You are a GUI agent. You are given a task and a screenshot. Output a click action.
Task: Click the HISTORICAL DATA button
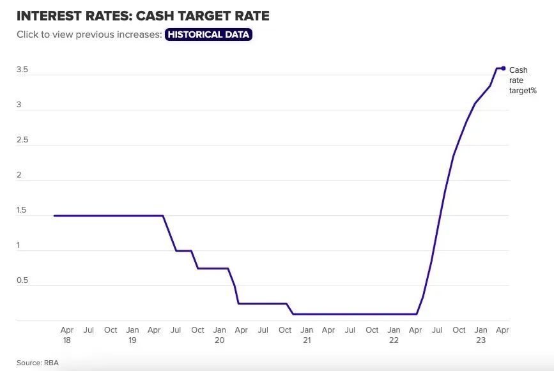(208, 34)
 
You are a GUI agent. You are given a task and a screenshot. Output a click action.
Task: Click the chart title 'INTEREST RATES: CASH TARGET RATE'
(143, 16)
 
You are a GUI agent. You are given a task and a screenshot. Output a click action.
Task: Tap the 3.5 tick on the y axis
(22, 70)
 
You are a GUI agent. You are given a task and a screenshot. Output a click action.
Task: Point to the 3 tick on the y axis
(19, 105)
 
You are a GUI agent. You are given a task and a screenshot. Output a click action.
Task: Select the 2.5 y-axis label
(22, 140)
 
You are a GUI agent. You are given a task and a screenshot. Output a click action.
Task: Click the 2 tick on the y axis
(19, 175)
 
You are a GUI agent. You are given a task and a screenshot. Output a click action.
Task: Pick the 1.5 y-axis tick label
(22, 210)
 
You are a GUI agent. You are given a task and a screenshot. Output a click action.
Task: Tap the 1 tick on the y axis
(19, 245)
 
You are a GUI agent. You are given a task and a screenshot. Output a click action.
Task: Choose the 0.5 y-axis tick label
(22, 280)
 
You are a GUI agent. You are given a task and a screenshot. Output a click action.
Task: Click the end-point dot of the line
(504, 68)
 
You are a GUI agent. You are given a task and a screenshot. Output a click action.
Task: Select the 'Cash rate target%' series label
(522, 80)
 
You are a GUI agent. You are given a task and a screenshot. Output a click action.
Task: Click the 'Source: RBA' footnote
(38, 363)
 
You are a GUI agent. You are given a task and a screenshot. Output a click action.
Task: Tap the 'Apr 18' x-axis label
(66, 335)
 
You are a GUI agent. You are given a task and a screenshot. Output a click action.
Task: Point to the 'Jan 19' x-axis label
(132, 335)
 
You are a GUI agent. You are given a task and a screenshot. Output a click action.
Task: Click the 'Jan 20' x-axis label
(219, 335)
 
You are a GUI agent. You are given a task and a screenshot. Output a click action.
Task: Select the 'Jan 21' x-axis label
(307, 335)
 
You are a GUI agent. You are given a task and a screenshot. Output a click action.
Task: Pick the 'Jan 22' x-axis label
(394, 335)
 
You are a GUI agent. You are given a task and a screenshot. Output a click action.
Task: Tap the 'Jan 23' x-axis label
(481, 335)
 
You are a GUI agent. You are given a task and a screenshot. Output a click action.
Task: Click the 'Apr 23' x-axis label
(503, 331)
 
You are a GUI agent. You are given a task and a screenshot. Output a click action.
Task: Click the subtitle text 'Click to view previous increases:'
(89, 34)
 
